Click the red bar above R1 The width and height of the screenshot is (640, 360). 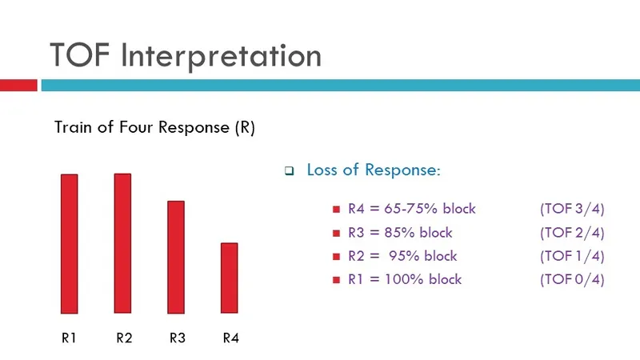point(70,244)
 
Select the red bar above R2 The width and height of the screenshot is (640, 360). point(122,243)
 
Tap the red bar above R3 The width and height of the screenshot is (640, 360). point(176,257)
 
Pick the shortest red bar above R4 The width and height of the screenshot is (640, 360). point(229,278)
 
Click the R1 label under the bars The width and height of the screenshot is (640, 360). point(69,338)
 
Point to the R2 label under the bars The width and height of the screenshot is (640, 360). point(123,338)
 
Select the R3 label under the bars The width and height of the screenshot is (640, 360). point(178,338)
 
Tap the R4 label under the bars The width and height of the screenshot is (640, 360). point(230,338)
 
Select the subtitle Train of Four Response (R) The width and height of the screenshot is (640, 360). point(154,127)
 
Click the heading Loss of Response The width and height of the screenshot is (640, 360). point(373,170)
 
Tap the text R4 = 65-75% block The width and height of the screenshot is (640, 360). point(411,210)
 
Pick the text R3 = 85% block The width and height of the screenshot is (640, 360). point(399,233)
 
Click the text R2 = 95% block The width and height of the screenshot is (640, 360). point(402,256)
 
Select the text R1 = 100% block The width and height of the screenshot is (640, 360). point(404,279)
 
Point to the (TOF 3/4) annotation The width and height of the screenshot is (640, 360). point(572,210)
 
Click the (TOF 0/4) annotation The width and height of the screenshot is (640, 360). point(572,279)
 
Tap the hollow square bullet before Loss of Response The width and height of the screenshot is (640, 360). point(290,171)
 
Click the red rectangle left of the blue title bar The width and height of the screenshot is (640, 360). point(18,85)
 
